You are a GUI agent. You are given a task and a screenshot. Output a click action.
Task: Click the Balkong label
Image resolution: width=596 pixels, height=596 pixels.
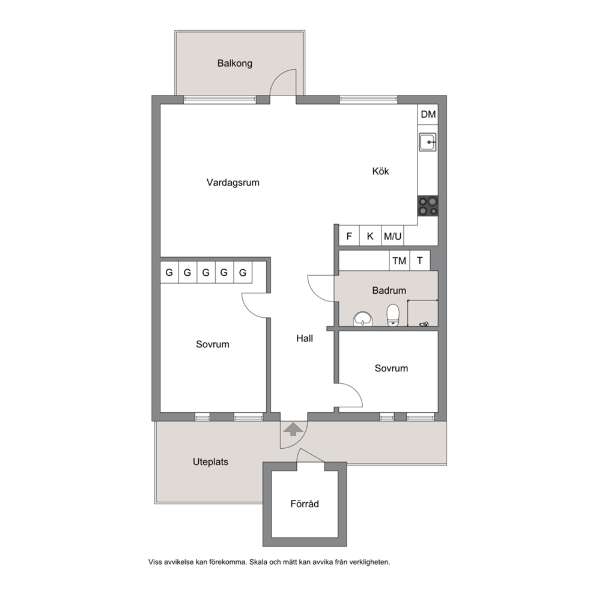click(234, 63)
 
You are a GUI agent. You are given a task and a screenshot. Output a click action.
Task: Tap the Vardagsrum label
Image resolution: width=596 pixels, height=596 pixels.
click(233, 183)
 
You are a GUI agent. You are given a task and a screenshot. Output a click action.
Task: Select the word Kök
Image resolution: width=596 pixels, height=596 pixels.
click(380, 171)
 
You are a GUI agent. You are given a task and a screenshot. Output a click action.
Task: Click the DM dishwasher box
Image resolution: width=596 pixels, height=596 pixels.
click(428, 114)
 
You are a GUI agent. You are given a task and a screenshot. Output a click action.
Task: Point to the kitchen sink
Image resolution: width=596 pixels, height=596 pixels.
click(428, 142)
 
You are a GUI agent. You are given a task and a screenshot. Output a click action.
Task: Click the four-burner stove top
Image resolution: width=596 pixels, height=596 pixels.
click(428, 206)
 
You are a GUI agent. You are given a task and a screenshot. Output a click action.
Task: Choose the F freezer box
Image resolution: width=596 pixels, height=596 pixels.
click(349, 236)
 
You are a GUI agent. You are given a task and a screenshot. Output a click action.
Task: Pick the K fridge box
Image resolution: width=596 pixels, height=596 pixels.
click(370, 236)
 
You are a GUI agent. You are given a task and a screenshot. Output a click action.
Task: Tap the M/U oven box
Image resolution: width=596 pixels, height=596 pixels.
click(392, 236)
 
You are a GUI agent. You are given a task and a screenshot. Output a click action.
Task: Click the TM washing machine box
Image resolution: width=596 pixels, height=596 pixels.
click(400, 260)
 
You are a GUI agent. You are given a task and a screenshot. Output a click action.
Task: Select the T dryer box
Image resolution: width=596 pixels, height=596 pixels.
click(420, 260)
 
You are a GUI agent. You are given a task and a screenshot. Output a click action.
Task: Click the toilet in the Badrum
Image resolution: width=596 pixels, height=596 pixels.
click(393, 315)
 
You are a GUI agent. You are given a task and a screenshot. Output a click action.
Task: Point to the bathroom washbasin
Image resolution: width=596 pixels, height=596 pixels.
click(363, 319)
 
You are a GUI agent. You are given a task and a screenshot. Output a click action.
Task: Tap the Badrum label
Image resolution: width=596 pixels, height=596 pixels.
click(389, 290)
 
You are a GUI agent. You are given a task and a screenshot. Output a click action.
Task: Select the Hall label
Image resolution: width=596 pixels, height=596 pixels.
click(305, 338)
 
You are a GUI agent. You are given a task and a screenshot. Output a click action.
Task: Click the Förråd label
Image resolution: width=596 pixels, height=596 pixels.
click(305, 503)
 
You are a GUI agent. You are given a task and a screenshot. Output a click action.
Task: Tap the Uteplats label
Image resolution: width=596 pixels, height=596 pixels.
click(210, 462)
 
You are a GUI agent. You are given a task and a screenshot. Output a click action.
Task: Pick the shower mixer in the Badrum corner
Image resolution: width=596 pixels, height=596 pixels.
click(424, 324)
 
